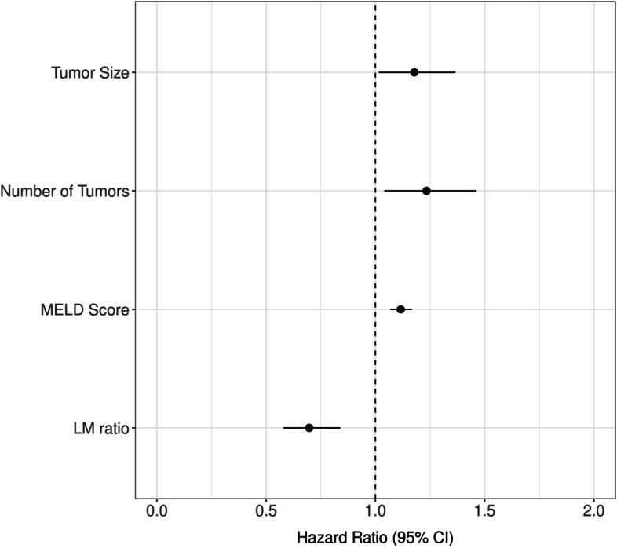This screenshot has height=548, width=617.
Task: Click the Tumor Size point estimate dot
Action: pyautogui.click(x=414, y=72)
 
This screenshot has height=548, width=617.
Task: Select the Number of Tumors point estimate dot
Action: pyautogui.click(x=426, y=191)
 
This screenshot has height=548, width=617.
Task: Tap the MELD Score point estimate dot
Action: pyautogui.click(x=401, y=309)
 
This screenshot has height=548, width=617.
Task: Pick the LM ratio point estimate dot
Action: pyautogui.click(x=309, y=428)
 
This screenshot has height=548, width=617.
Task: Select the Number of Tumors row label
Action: pyautogui.click(x=64, y=192)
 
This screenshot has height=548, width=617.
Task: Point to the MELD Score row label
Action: pyautogui.click(x=86, y=310)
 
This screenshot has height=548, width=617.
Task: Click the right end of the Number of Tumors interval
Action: pyautogui.click(x=476, y=191)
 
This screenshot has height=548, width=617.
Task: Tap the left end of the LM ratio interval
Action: pyautogui.click(x=283, y=428)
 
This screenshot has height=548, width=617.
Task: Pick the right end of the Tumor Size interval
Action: pyautogui.click(x=455, y=72)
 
